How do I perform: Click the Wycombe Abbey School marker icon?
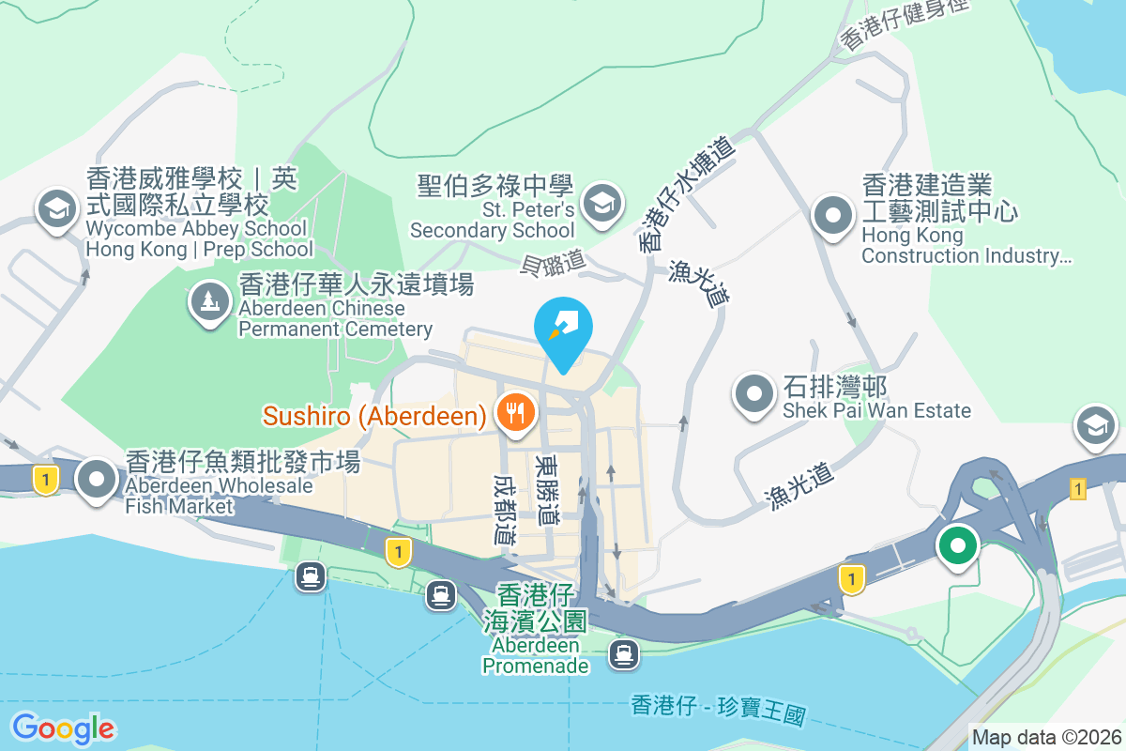56,208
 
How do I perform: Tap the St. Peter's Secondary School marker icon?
601,202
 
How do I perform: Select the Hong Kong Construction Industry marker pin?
832,215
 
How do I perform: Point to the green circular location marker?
957,544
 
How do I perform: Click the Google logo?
63,728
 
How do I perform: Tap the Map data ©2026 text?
1046,738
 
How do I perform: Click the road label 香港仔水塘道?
685,192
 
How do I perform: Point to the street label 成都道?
505,508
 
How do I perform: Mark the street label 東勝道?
546,489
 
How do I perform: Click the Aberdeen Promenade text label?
535,656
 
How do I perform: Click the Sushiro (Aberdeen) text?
373,414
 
